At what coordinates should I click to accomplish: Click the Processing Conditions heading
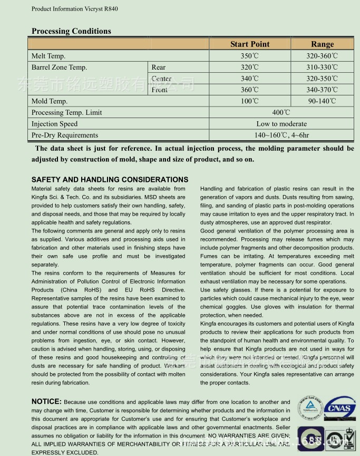click(x=71, y=31)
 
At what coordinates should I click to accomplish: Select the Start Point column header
click(x=250, y=44)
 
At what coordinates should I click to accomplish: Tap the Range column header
click(x=322, y=44)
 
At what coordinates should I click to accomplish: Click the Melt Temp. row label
click(x=48, y=56)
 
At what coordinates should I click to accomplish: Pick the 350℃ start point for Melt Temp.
click(x=250, y=56)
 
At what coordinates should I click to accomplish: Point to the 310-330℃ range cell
click(x=322, y=67)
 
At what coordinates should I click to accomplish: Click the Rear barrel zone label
click(x=159, y=67)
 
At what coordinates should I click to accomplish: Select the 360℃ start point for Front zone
click(x=250, y=90)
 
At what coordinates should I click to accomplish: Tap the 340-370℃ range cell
click(x=322, y=90)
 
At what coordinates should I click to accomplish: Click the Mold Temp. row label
click(x=50, y=101)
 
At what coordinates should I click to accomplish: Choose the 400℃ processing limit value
click(x=281, y=112)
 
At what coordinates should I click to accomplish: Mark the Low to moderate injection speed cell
click(x=281, y=124)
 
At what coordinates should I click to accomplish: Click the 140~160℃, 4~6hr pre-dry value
click(x=281, y=135)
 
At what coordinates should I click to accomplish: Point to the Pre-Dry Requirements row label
click(x=65, y=135)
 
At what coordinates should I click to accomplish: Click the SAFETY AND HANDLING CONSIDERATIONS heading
click(x=110, y=180)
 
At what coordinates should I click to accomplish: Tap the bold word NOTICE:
click(x=46, y=402)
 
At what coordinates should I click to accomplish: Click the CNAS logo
click(x=339, y=408)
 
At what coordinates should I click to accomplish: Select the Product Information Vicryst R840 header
click(x=74, y=9)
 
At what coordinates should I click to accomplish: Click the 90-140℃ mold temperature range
click(x=322, y=101)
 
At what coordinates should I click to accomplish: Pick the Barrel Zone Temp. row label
click(x=59, y=67)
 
